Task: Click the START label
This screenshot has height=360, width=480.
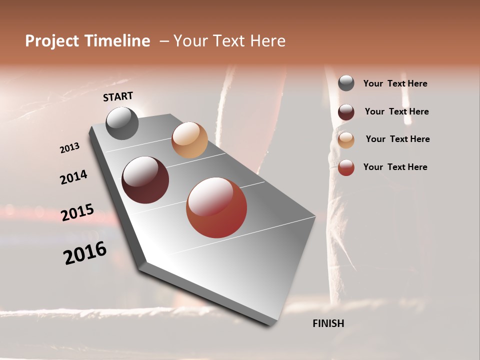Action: click(x=118, y=96)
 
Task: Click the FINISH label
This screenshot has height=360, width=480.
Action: click(x=328, y=323)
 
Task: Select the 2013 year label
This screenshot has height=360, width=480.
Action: click(x=69, y=148)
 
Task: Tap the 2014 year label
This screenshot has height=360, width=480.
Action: click(x=73, y=177)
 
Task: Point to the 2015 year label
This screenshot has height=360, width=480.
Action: click(x=77, y=212)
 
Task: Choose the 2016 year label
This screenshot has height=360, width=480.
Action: click(x=84, y=252)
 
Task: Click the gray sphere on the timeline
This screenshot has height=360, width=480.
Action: click(x=122, y=123)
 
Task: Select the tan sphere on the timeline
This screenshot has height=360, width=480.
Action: click(x=189, y=140)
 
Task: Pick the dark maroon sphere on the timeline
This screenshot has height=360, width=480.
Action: click(x=145, y=180)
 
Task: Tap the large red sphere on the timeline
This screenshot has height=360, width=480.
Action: click(x=216, y=207)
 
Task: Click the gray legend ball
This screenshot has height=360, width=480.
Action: click(x=346, y=83)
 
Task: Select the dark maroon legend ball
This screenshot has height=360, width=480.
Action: click(x=346, y=112)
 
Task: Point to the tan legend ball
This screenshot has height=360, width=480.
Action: click(x=346, y=139)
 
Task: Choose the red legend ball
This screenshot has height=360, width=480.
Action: click(x=346, y=167)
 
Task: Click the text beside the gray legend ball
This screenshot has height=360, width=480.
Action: click(x=395, y=84)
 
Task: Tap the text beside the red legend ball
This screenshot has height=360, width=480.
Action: click(x=395, y=167)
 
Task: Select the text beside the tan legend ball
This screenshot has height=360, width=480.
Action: click(x=397, y=139)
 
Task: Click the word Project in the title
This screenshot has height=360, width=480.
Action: click(x=52, y=41)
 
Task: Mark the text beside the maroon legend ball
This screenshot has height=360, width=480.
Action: click(x=396, y=111)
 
